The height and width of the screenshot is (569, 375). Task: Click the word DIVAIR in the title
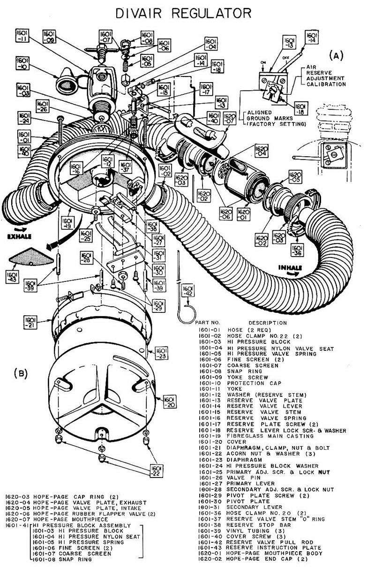138,14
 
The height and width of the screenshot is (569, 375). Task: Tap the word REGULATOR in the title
211,14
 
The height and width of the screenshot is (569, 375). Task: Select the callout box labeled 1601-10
22,63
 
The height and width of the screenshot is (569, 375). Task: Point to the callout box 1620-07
229,118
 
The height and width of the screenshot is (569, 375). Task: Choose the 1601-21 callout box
30,322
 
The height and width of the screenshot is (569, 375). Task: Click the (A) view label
336,55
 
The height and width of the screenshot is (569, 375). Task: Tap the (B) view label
21,374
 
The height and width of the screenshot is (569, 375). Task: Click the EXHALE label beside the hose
20,236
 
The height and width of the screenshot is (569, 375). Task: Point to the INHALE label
290,268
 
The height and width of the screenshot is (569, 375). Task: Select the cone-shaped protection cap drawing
67,81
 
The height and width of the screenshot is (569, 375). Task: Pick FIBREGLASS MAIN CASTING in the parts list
270,436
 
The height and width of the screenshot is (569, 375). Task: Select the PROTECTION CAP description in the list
254,383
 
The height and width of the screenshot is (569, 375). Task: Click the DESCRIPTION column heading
268,323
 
